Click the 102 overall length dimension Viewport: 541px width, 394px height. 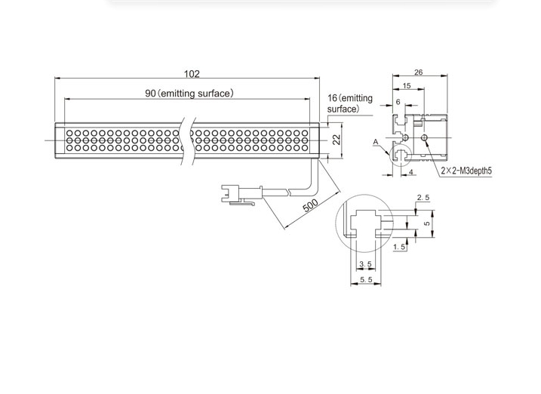(x=192, y=74)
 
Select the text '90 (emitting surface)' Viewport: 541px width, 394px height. (x=189, y=94)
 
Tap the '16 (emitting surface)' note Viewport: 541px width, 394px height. (x=350, y=103)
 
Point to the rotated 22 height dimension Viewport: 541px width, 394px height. (x=337, y=140)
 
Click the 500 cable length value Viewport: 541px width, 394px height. (x=310, y=205)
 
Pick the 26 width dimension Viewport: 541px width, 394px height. (x=418, y=72)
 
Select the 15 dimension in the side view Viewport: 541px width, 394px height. (x=407, y=85)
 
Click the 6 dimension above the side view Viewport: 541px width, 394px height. (x=398, y=102)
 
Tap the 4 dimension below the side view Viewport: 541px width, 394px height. (x=410, y=171)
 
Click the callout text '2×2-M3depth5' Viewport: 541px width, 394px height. (x=466, y=171)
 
